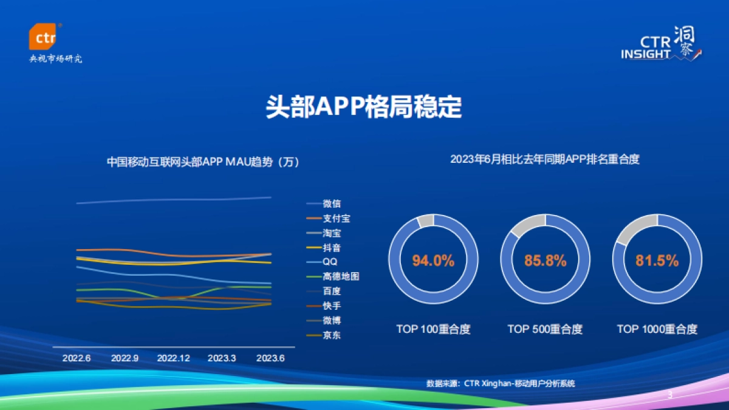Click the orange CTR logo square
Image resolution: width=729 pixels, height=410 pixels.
point(43,38)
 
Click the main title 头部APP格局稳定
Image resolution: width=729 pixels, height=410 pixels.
point(364,107)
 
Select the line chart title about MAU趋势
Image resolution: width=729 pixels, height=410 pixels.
point(203,162)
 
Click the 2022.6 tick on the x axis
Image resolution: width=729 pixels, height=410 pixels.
point(77,358)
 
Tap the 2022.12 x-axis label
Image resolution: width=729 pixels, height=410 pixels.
point(174,358)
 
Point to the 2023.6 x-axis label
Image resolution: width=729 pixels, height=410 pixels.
point(270,358)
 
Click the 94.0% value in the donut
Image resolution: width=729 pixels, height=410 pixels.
point(433,261)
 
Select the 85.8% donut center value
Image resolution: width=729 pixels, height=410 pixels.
point(545,261)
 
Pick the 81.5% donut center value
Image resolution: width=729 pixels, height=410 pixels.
point(657,261)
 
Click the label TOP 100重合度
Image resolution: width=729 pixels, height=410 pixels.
point(433,329)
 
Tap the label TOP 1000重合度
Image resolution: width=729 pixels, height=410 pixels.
point(657,329)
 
